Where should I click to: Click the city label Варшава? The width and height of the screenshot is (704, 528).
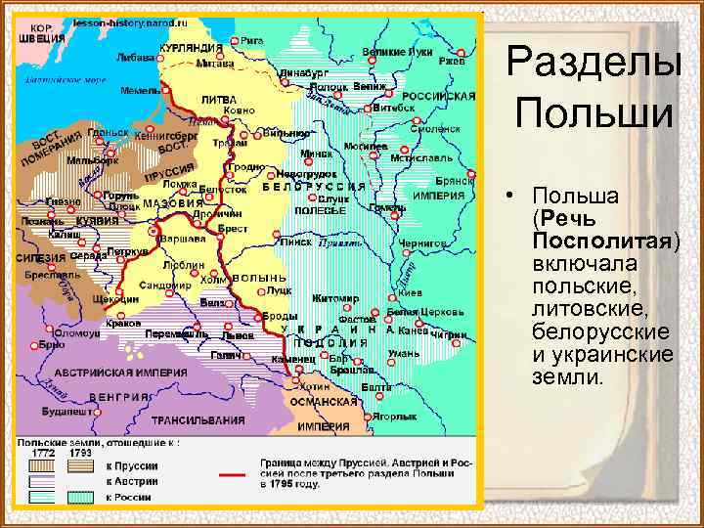pos(185,238)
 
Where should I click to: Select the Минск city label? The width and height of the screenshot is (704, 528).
pos(316,154)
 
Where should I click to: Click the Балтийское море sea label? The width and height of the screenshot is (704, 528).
pos(66,76)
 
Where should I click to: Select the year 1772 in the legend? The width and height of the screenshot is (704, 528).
pos(43,453)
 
